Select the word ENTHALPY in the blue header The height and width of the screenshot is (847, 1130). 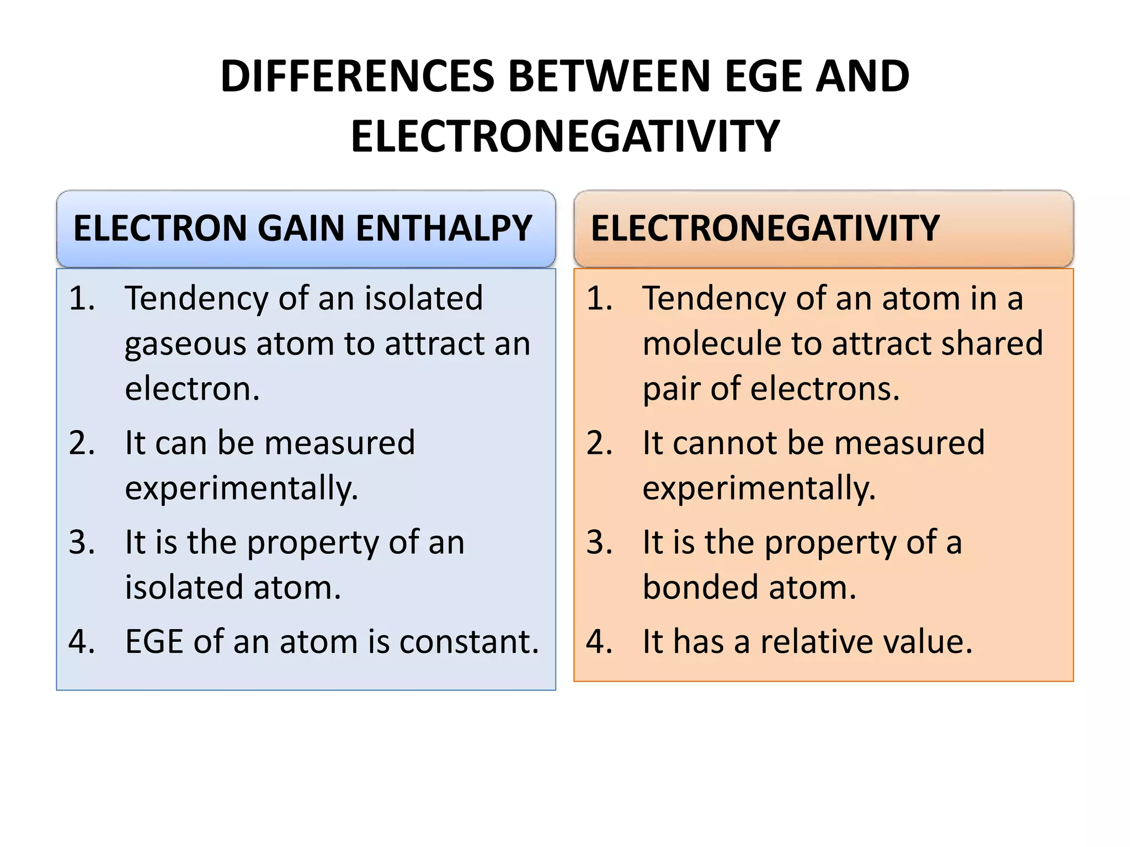point(443,228)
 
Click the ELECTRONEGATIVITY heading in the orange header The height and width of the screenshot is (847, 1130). point(765,228)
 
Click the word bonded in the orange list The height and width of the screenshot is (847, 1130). point(701,587)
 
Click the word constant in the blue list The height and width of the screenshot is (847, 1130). point(468,642)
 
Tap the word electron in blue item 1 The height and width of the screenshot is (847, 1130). point(191,389)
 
